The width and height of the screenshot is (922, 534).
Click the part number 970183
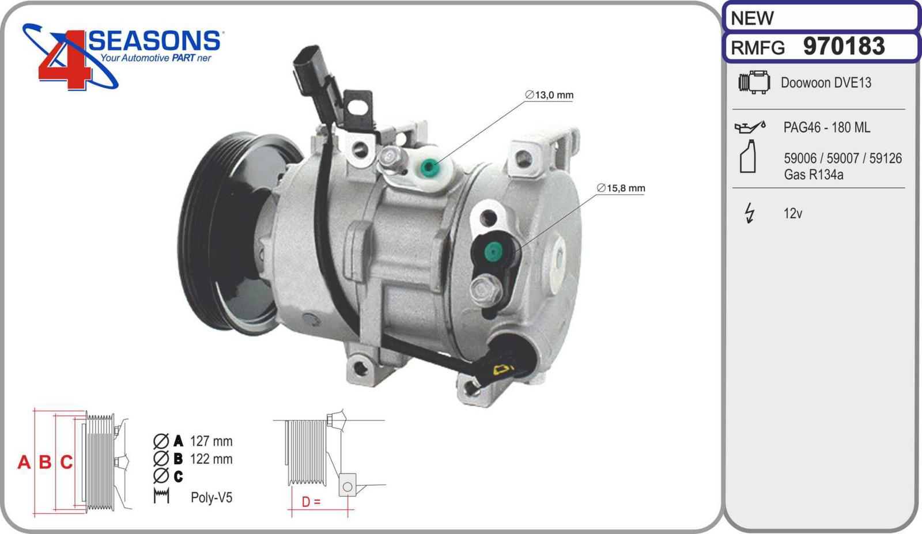pyautogui.click(x=844, y=46)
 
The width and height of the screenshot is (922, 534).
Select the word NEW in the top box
pyautogui.click(x=752, y=18)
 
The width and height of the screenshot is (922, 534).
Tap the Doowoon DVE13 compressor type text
pyautogui.click(x=826, y=83)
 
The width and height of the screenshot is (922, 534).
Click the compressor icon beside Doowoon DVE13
pyautogui.click(x=754, y=82)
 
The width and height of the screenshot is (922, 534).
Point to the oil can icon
pyautogui.click(x=750, y=127)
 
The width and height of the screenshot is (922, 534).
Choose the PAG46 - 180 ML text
pyautogui.click(x=826, y=127)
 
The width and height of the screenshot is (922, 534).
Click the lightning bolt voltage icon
pyautogui.click(x=750, y=213)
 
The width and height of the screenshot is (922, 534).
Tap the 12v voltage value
pyautogui.click(x=793, y=214)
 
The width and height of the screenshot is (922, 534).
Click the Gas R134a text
pyautogui.click(x=813, y=175)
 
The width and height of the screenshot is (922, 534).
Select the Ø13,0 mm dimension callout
pyautogui.click(x=549, y=95)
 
